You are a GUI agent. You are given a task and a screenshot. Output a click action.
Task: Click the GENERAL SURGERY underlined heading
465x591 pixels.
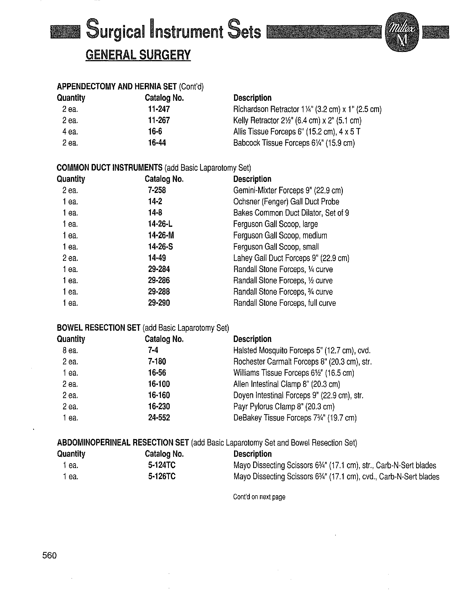(138, 55)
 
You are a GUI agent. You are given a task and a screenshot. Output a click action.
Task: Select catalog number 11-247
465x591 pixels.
(159, 109)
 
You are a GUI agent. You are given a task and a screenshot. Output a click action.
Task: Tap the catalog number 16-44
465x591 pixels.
(157, 143)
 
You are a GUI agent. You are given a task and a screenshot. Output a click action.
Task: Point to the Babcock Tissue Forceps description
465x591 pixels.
(294, 143)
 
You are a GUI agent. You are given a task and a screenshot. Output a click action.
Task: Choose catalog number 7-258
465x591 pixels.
(157, 190)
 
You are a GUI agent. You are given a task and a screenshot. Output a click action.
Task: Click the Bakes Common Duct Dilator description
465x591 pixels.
(291, 213)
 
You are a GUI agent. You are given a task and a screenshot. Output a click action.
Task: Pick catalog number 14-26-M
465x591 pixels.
(161, 235)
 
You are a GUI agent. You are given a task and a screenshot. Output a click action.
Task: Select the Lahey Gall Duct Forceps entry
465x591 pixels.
(291, 258)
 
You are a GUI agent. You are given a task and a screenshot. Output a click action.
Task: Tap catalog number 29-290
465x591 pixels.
(159, 303)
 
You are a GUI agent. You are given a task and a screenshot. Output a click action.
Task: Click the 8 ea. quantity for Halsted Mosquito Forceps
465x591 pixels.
(70, 350)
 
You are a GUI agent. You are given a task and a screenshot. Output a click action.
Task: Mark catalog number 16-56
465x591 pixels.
(157, 373)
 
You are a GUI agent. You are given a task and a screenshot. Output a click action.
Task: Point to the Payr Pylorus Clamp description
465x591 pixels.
(284, 407)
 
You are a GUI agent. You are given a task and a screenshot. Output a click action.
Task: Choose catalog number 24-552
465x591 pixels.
(159, 418)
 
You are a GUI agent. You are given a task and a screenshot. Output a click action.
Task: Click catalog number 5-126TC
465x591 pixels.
(162, 476)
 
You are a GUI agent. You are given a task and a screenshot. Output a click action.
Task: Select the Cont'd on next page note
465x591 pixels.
(259, 497)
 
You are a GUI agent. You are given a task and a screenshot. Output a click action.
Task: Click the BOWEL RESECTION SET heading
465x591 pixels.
(98, 328)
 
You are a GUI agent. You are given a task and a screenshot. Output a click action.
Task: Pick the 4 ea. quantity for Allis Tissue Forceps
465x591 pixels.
(70, 132)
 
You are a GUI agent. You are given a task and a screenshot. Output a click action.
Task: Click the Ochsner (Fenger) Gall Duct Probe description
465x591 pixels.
(286, 202)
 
